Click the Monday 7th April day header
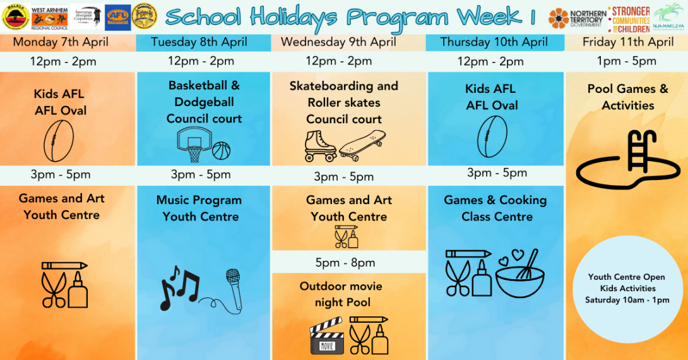pyautogui.click(x=61, y=43)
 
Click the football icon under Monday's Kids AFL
pyautogui.click(x=59, y=141)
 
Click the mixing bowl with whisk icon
pyautogui.click(x=520, y=275)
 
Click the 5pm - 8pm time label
pyautogui.click(x=345, y=263)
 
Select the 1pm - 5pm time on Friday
pyautogui.click(x=627, y=61)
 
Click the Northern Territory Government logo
pyautogui.click(x=578, y=18)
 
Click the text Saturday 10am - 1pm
pyautogui.click(x=627, y=300)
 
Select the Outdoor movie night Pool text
pyautogui.click(x=341, y=294)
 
